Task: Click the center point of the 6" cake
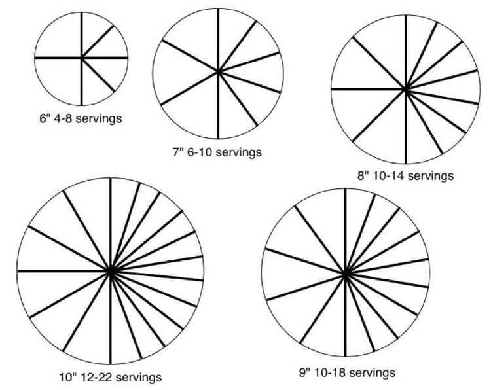pyautogui.click(x=81, y=58)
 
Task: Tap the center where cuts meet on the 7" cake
pyautogui.click(x=218, y=72)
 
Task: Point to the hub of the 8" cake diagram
pyautogui.click(x=405, y=90)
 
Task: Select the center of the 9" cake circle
pyautogui.click(x=346, y=274)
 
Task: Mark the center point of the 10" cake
pyautogui.click(x=110, y=271)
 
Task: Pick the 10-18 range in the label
pyautogui.click(x=329, y=373)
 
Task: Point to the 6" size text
pyautogui.click(x=44, y=118)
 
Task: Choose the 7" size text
pyautogui.click(x=178, y=152)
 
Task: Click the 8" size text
pyautogui.click(x=364, y=175)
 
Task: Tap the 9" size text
pyautogui.click(x=304, y=373)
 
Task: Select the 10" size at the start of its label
pyautogui.click(x=68, y=377)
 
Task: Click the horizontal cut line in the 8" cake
pyautogui.click(x=368, y=90)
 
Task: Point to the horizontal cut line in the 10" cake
pyautogui.click(x=64, y=271)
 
